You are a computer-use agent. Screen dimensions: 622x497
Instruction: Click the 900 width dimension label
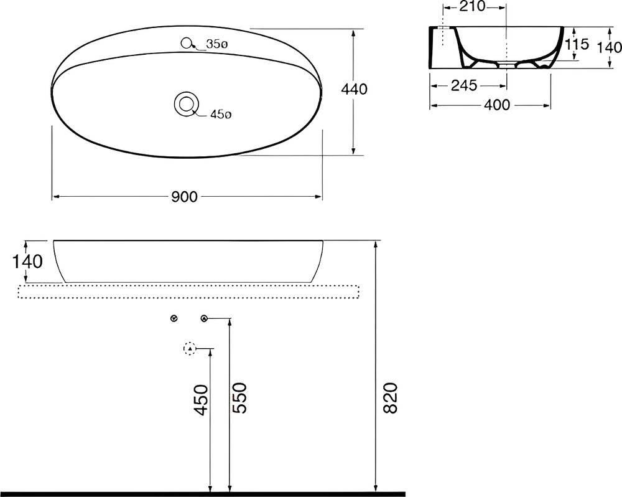[x=184, y=197]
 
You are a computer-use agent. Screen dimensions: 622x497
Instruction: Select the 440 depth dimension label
[x=355, y=89]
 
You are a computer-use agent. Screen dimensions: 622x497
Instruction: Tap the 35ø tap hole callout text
[x=216, y=44]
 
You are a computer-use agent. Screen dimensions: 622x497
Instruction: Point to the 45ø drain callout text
[x=221, y=115]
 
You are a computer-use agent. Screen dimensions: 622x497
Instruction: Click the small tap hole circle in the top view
[x=185, y=43]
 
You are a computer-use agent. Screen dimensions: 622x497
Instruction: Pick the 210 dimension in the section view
[x=474, y=6]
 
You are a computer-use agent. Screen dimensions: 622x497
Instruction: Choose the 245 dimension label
[x=464, y=85]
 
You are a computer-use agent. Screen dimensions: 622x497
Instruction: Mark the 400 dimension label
[x=497, y=105]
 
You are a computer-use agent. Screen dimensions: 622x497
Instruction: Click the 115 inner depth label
[x=577, y=44]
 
